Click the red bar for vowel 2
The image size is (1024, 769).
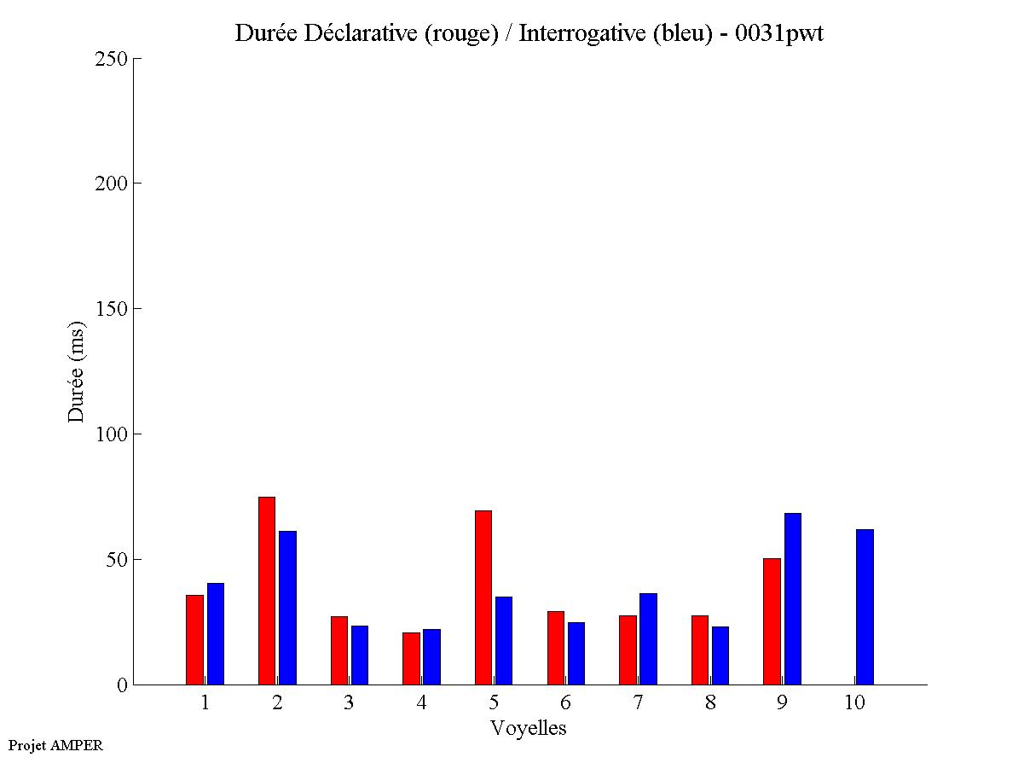266,591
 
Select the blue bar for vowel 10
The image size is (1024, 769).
865,607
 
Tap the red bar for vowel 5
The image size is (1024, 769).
483,597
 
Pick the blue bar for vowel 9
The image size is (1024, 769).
793,598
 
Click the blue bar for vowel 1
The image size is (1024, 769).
215,633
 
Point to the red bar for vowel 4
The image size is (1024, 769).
411,658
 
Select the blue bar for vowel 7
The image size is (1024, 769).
648,638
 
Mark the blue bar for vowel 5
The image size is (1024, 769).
503,640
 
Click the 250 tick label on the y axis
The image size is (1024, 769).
111,59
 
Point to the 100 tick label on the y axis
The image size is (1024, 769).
111,434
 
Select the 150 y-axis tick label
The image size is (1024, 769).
111,309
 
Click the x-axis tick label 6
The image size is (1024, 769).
565,703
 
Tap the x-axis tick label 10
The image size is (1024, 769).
854,703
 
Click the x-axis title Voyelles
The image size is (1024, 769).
529,728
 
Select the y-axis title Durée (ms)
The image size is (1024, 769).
77,371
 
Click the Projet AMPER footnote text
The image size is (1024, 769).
55,745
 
